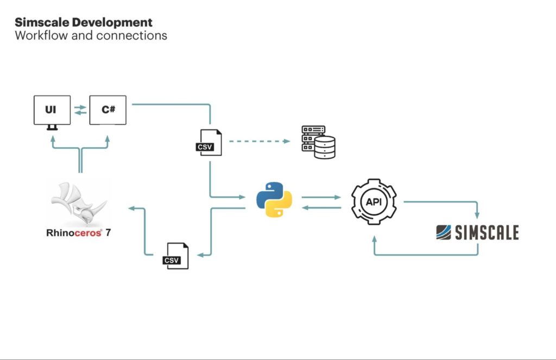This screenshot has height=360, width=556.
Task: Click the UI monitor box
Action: coord(52,110)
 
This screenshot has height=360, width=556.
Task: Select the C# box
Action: coord(108,110)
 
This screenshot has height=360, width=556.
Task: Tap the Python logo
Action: coord(274,199)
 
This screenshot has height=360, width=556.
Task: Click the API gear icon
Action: coord(374,201)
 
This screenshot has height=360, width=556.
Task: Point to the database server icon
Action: coord(319,142)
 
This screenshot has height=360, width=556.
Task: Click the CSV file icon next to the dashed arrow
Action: coord(208,143)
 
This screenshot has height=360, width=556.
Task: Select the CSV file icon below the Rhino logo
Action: coord(176,256)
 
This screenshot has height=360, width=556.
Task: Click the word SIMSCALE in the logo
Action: coord(487,233)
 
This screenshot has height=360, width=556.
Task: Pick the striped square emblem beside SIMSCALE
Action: coord(444,232)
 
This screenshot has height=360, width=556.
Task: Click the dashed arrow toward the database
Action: coord(260,141)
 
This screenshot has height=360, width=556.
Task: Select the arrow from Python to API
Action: coord(321,197)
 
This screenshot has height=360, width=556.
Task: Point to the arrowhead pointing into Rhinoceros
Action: coord(130,208)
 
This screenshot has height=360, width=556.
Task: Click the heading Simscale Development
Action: coord(84,23)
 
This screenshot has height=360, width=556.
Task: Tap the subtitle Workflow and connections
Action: coord(91,36)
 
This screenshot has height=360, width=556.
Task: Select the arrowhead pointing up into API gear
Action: coord(374,238)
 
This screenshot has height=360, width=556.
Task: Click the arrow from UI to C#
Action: coord(80,107)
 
